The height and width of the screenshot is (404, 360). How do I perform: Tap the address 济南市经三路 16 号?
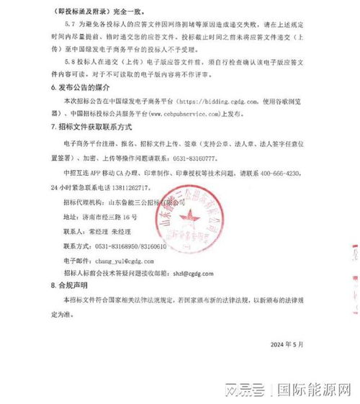(x=107, y=216)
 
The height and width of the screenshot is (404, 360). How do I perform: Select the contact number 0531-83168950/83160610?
(x=137, y=245)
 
